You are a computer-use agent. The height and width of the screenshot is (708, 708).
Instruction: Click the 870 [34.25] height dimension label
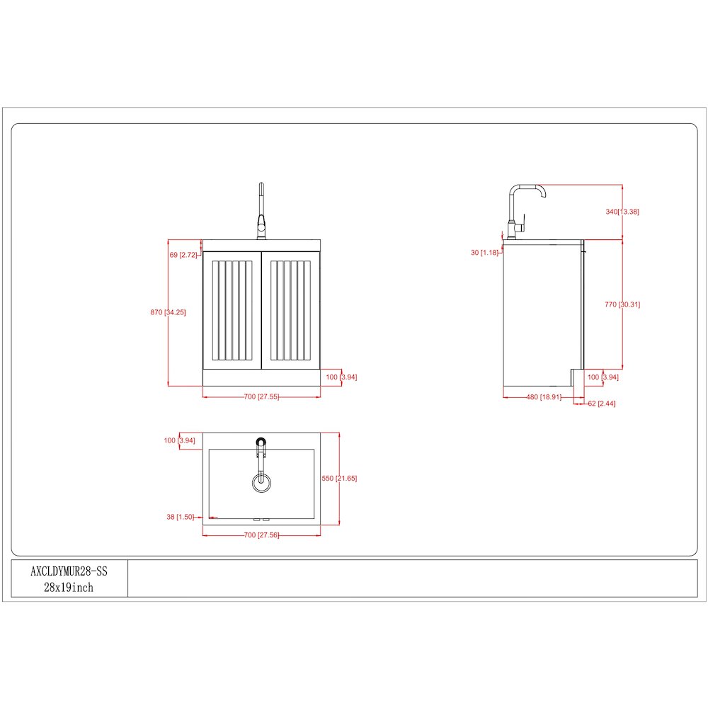click(x=168, y=312)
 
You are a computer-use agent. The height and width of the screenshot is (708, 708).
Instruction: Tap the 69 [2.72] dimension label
click(x=183, y=255)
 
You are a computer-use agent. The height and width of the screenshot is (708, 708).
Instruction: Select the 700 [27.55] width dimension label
click(x=261, y=396)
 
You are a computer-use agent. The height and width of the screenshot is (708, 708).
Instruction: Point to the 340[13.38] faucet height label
click(x=622, y=211)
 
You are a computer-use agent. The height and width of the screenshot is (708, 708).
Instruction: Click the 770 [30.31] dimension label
click(x=622, y=304)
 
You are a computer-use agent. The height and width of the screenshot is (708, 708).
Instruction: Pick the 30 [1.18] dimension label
click(x=484, y=253)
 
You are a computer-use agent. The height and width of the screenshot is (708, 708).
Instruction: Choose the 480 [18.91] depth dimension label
click(x=544, y=397)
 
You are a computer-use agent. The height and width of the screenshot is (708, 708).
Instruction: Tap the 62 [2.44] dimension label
click(x=601, y=404)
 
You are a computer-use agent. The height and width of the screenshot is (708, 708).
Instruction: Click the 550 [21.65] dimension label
click(x=339, y=478)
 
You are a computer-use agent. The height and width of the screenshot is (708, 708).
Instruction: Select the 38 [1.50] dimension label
click(x=180, y=517)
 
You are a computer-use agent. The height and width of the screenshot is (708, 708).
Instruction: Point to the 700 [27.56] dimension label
click(x=261, y=535)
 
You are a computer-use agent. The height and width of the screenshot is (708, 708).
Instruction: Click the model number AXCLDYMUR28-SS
click(x=69, y=571)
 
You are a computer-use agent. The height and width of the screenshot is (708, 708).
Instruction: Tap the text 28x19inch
click(x=69, y=588)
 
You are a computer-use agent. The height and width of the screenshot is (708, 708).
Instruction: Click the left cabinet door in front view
click(x=232, y=311)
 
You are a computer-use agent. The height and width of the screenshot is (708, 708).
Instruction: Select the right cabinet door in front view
click(x=291, y=311)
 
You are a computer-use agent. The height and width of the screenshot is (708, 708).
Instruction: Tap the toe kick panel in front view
click(x=261, y=378)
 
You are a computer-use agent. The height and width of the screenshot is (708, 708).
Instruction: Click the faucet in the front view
click(x=261, y=211)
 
